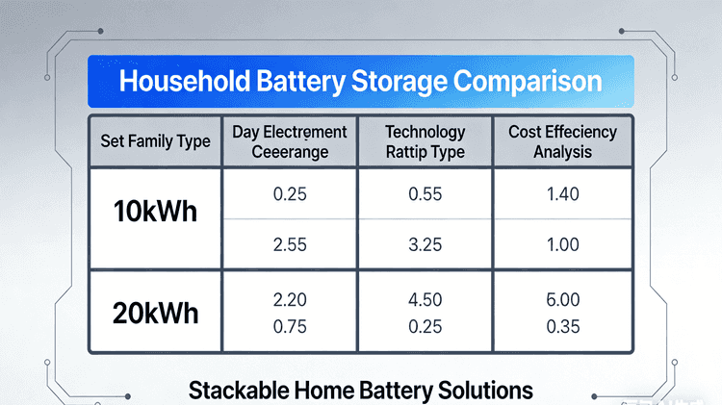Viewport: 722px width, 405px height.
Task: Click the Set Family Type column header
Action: pos(155,141)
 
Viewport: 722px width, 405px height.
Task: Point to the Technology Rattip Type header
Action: pos(425,141)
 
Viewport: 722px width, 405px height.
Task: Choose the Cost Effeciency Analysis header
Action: pos(562,141)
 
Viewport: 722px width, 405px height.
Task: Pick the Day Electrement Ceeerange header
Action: pos(290,141)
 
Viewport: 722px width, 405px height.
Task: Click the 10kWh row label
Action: pos(155,212)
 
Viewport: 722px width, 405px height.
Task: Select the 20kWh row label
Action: pos(155,315)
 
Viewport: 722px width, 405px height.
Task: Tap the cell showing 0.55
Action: pos(425,194)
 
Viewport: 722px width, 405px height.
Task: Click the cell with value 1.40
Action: pos(562,194)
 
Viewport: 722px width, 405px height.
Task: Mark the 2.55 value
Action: pos(290,244)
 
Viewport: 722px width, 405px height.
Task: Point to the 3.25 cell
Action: pos(425,244)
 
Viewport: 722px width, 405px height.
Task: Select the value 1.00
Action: pos(562,244)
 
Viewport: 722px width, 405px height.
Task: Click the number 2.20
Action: pos(290,300)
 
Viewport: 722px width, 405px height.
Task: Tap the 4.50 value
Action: pos(425,300)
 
